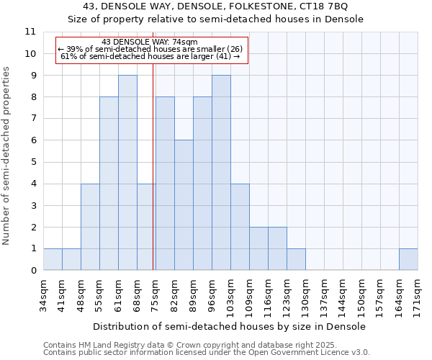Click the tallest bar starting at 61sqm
pos(127,173)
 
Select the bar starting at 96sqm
pos(221,173)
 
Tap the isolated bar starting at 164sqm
pos(408,259)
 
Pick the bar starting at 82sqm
pos(184,205)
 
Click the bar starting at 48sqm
pos(90,227)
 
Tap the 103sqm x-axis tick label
pos(230,294)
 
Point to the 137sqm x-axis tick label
pos(324,294)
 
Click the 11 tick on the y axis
pos(30,32)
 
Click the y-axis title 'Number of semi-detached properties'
pos(6,156)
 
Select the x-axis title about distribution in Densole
pos(230,326)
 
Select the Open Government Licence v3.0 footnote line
pos(207,353)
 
